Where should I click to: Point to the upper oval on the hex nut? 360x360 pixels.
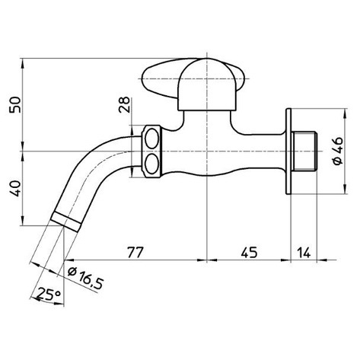click(x=152, y=141)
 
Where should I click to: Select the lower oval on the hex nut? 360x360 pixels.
click(x=152, y=162)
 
